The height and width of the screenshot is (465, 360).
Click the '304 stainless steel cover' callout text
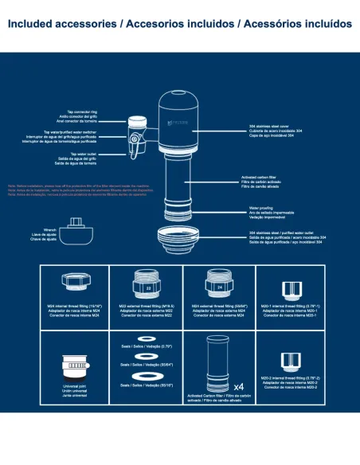tap(268, 127)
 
